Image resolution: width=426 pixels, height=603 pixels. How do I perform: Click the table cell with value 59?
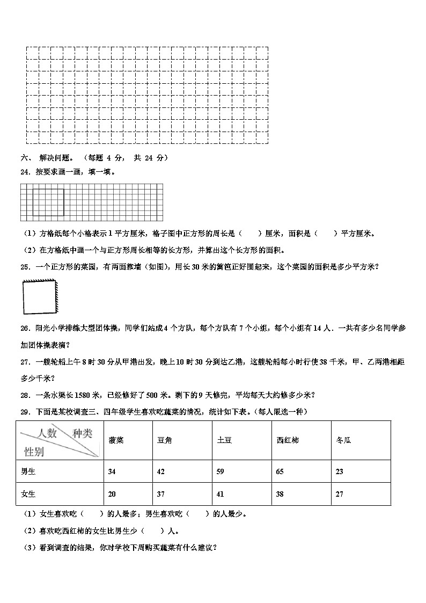pos(221,471)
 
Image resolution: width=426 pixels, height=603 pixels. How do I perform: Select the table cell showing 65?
pos(280,471)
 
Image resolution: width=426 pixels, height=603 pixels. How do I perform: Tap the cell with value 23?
pos(339,471)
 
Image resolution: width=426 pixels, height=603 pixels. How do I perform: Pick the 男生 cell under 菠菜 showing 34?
pos(112,471)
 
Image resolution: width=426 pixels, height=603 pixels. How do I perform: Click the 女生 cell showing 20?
pos(112,494)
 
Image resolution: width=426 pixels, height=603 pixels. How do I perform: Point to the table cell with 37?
pos(160,494)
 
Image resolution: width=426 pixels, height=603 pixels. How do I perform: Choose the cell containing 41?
pos(221,494)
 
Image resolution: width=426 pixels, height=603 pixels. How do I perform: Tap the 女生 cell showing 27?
pos(339,494)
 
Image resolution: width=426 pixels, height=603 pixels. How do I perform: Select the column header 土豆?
pos(224,440)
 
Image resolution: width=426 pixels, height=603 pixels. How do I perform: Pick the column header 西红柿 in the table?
pos(288,440)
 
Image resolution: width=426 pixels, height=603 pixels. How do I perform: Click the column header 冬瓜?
pos(343,440)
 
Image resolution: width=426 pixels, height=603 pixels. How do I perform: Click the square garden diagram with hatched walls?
pos(40,297)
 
